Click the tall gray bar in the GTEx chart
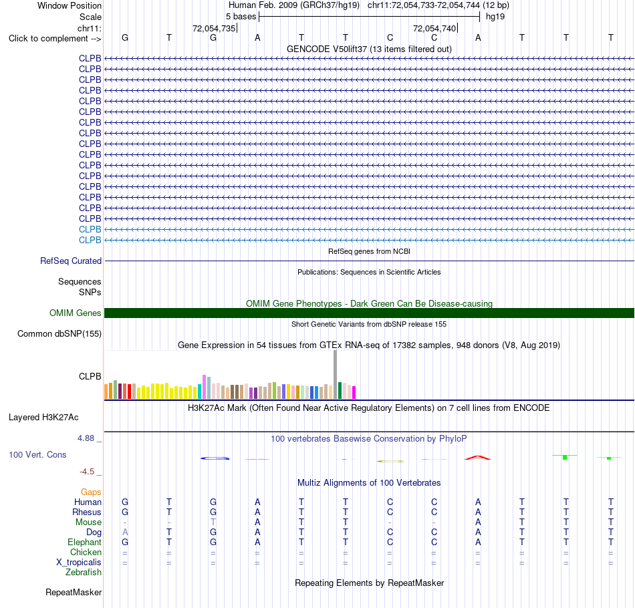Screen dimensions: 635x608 (335, 374)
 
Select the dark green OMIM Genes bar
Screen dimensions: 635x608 (369, 313)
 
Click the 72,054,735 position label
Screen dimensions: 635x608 (214, 28)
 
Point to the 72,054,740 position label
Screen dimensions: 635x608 (434, 28)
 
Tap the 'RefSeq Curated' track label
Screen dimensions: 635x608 (71, 261)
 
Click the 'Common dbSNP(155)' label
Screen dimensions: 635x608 (59, 333)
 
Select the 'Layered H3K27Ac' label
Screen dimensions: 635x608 (43, 418)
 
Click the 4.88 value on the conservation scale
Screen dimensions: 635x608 (86, 438)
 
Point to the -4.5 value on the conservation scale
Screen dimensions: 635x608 (87, 472)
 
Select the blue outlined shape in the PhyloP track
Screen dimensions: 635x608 (215, 458)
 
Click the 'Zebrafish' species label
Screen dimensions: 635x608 (84, 572)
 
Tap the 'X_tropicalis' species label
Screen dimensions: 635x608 (79, 563)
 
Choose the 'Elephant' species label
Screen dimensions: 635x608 (85, 542)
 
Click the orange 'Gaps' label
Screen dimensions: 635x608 (91, 492)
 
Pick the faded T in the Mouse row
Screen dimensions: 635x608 (213, 522)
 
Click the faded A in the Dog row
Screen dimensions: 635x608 (125, 532)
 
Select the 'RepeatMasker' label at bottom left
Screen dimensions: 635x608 (74, 592)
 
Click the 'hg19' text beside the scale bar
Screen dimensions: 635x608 (495, 17)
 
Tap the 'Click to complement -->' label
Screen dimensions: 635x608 (55, 39)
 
